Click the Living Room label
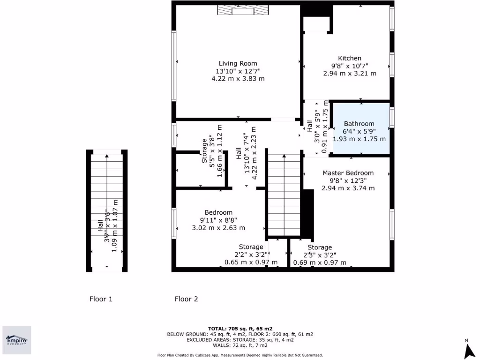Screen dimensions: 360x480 click(x=238, y=63)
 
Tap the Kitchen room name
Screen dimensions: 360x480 click(x=350, y=58)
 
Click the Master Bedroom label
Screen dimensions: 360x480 click(x=348, y=173)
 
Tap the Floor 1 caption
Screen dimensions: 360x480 click(x=101, y=299)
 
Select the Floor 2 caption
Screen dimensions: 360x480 click(x=186, y=299)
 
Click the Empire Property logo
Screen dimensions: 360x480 click(x=17, y=340)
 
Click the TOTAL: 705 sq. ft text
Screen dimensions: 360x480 click(x=240, y=329)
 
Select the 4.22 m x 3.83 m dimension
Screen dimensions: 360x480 click(x=238, y=79)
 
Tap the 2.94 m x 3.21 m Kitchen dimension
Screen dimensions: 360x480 click(x=350, y=74)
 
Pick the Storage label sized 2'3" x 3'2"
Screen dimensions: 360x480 click(x=320, y=247)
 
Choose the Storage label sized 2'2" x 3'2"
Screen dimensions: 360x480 click(x=251, y=247)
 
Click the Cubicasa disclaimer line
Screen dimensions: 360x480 click(x=240, y=355)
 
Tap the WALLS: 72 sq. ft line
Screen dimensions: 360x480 click(x=240, y=345)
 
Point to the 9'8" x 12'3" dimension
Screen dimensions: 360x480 click(x=348, y=180)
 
